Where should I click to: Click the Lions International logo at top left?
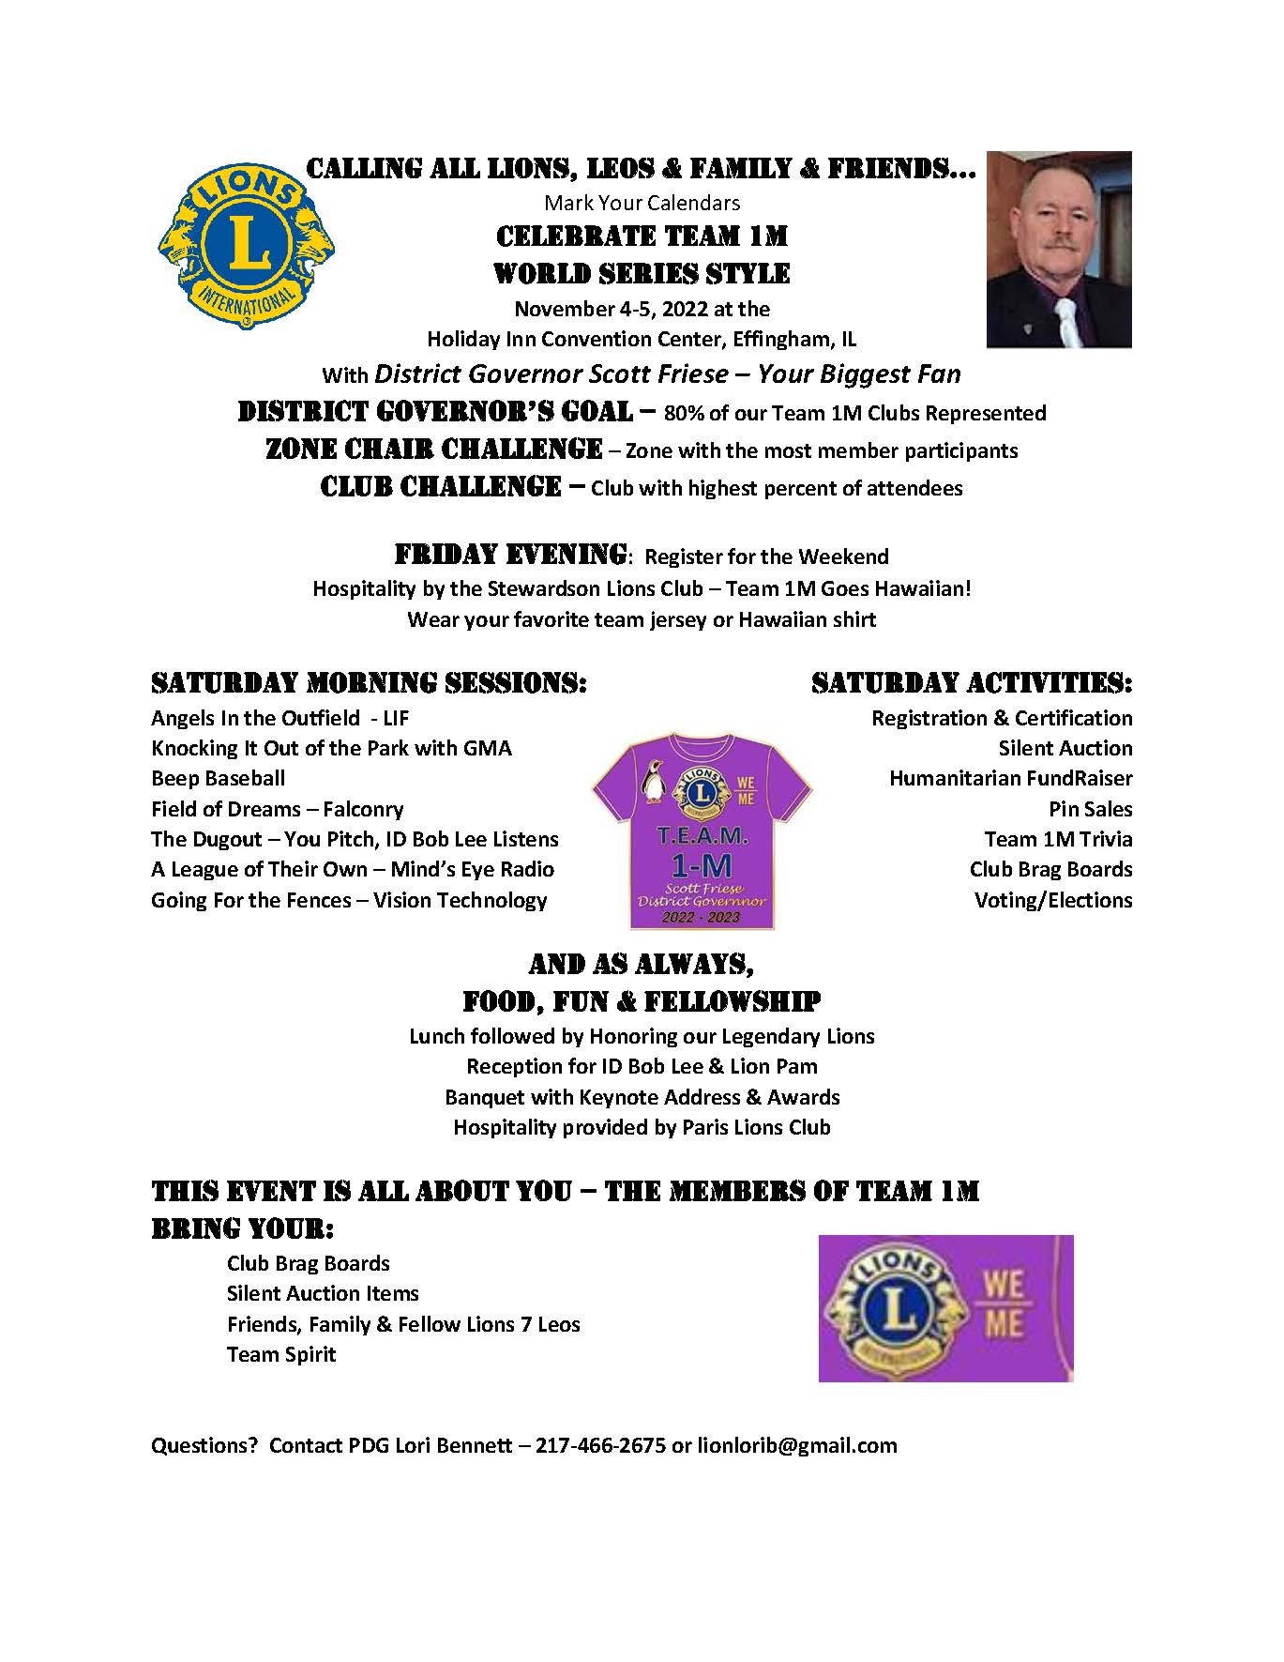[x=247, y=246]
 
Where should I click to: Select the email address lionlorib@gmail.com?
[x=796, y=1445]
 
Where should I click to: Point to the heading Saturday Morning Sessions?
[x=369, y=682]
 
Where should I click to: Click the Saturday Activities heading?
[x=972, y=682]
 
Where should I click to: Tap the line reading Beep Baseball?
[x=218, y=778]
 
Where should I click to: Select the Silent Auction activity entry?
[x=1065, y=748]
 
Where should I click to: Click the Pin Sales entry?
[x=1090, y=809]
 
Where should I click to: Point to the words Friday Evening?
[x=510, y=555]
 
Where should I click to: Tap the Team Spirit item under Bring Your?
[x=280, y=1354]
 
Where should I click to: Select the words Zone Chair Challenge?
[x=433, y=450]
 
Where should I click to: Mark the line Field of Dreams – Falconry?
[x=277, y=809]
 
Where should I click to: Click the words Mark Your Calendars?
[x=642, y=203]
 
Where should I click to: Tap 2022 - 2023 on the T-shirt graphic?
[x=701, y=917]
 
